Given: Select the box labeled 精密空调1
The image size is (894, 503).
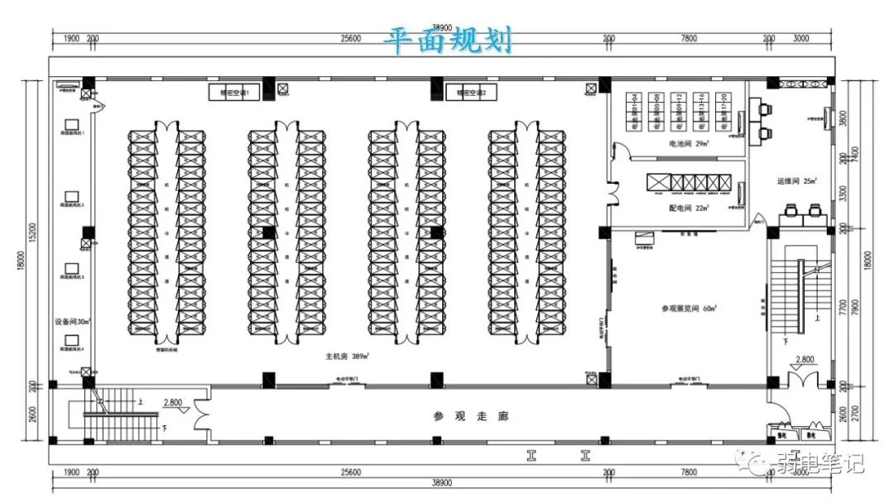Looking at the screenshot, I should coord(234,93).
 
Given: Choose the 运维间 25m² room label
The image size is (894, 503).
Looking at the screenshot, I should coord(796,180).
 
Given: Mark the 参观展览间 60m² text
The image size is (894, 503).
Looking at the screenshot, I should coord(688,309).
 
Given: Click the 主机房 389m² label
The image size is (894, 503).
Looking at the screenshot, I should coord(347,357).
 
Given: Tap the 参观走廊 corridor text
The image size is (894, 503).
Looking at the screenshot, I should coord(470,416).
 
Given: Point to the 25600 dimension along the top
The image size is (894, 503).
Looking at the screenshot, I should coord(350,39).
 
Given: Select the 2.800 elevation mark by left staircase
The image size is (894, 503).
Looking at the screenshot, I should coord(173,403).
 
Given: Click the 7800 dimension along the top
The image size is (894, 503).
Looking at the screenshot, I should coord(688,39).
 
